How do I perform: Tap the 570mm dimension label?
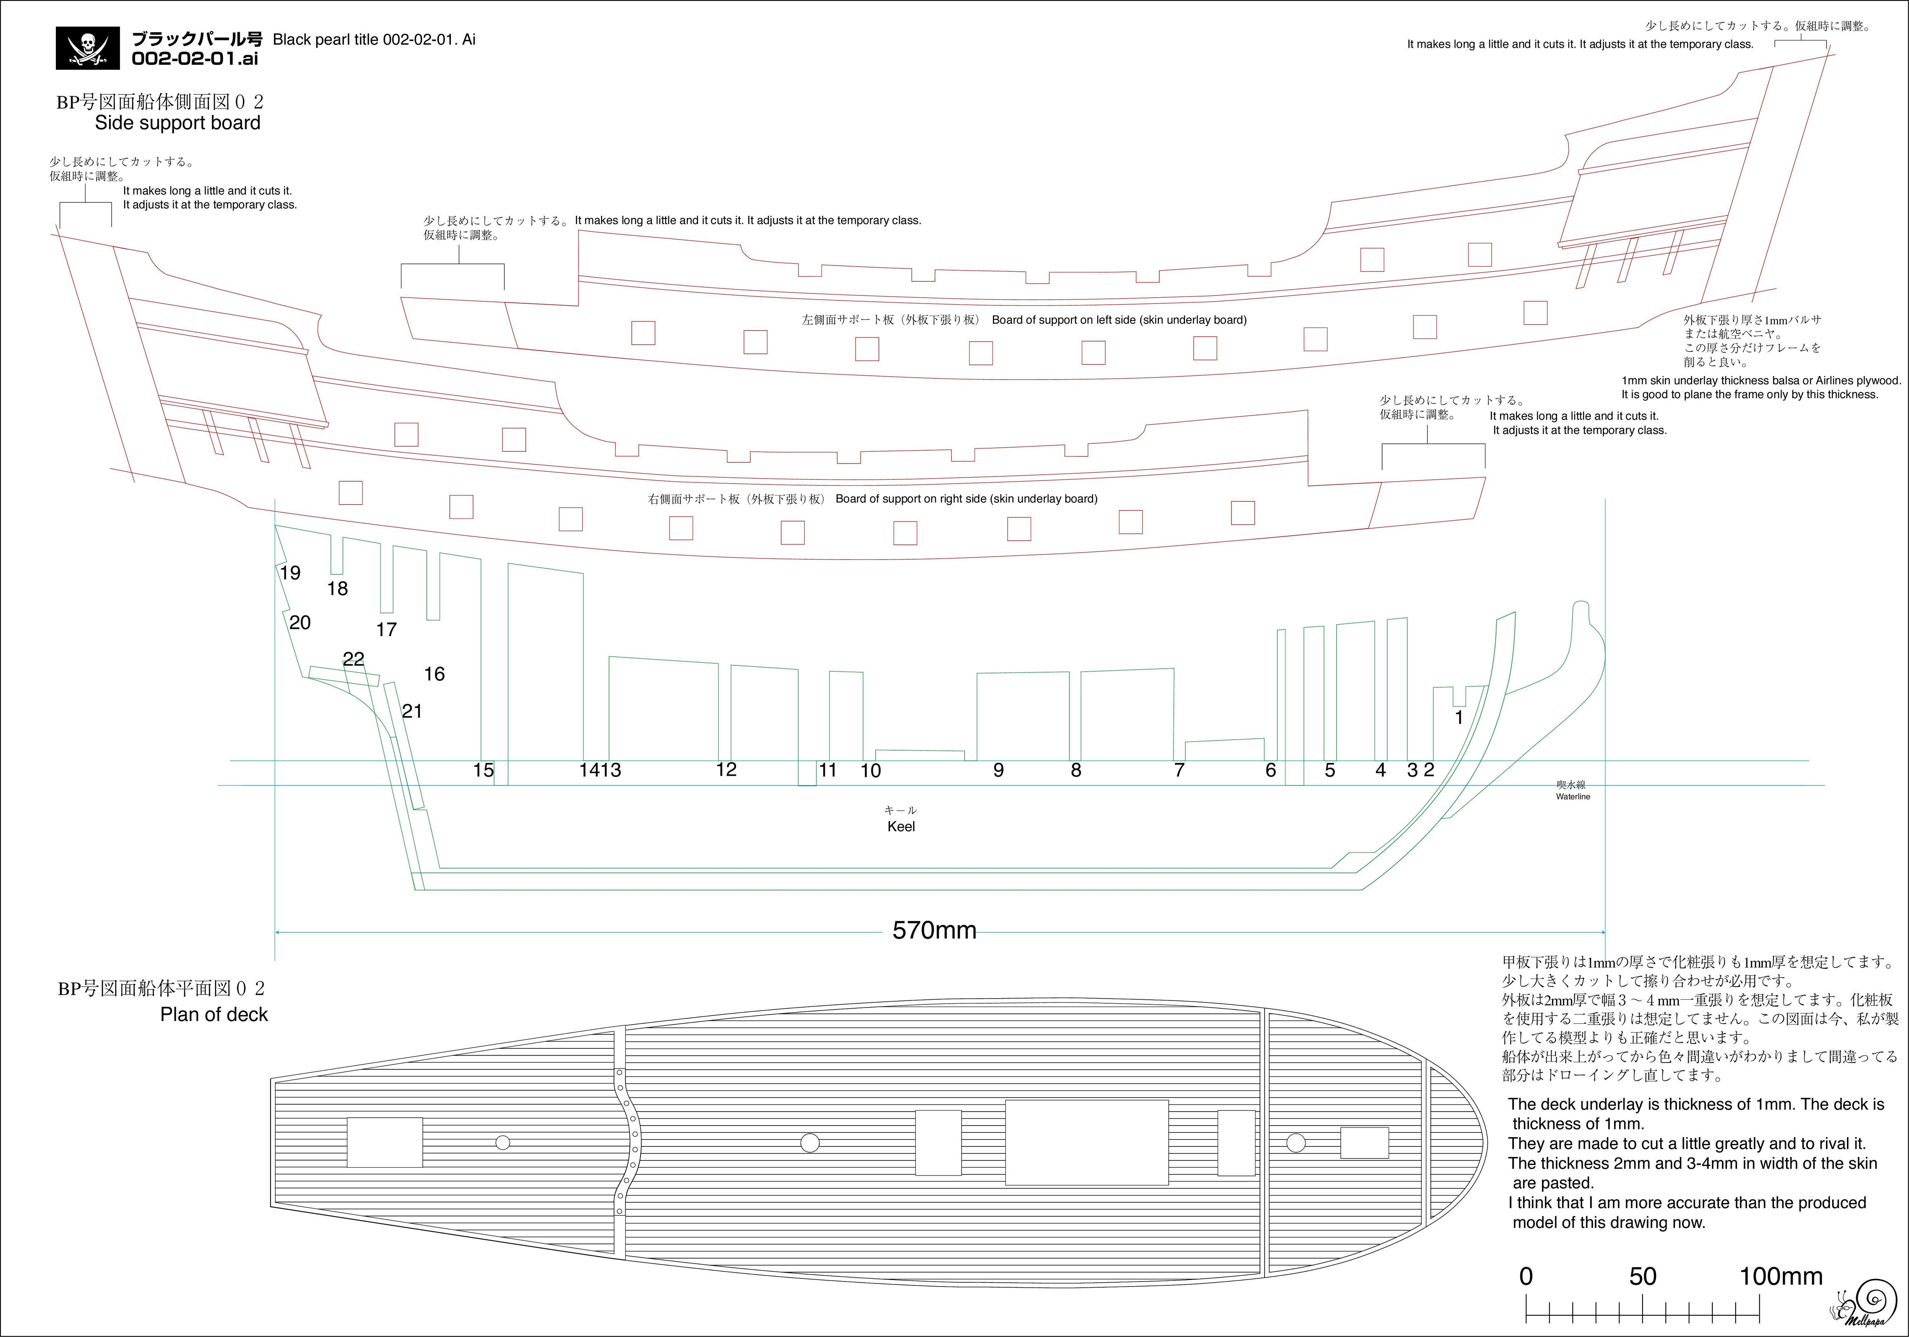[x=935, y=930]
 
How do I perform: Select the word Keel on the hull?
[x=901, y=827]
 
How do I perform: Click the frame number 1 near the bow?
[x=1459, y=717]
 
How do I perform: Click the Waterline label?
[x=1573, y=796]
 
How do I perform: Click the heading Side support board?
[x=178, y=123]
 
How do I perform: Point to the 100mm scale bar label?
[x=1781, y=1276]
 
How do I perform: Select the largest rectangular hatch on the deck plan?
[x=1087, y=1143]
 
